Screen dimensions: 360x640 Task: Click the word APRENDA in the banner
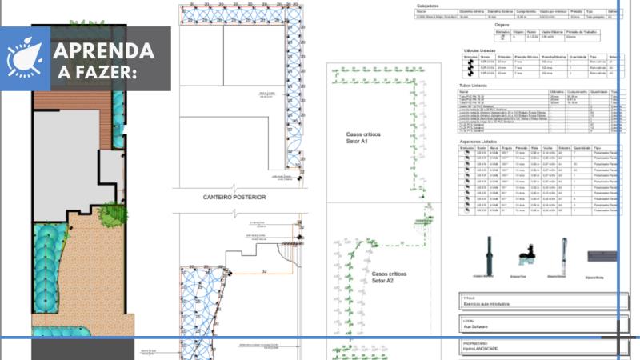103,50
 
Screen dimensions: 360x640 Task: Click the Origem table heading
502,25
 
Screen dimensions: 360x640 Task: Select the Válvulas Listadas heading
482,50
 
